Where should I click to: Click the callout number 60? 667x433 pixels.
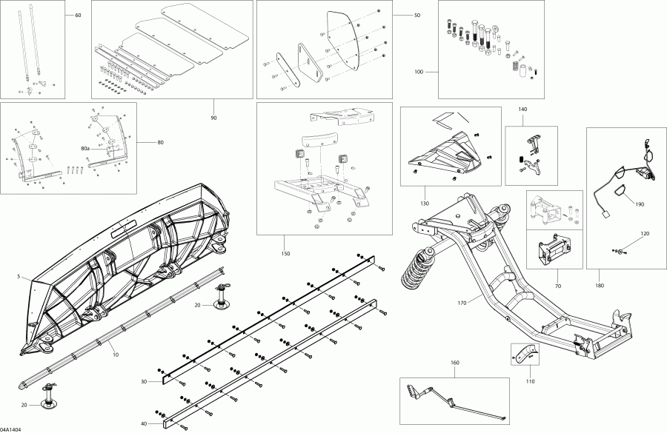[x=79, y=16]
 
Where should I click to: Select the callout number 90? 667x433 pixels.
[x=214, y=118]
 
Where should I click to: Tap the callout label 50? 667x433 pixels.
[x=417, y=16]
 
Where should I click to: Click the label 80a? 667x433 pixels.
[x=84, y=149]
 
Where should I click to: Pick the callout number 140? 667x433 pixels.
[x=522, y=110]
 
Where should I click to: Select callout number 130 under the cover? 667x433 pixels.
[x=425, y=203]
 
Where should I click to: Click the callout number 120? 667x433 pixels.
[x=644, y=233]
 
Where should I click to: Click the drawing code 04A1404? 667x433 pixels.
[x=12, y=428]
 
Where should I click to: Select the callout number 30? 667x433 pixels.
[x=153, y=381]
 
